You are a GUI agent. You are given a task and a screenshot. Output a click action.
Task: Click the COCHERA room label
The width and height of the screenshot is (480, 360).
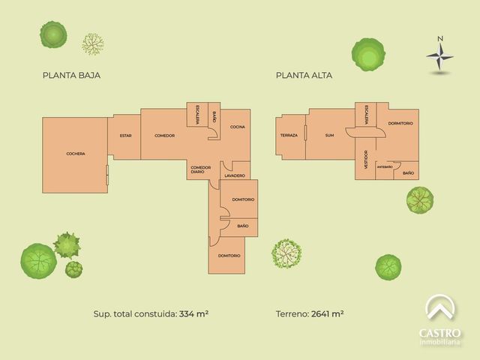tap(76, 154)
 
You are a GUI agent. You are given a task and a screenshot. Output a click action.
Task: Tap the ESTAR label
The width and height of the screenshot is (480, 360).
tap(125, 136)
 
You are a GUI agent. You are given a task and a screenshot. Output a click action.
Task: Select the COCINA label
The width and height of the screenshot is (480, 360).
tap(238, 127)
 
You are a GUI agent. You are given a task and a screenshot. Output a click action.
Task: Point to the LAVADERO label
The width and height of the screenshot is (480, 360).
tap(235, 175)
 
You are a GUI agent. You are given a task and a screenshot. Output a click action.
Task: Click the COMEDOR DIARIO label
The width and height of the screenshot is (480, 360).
tap(201, 170)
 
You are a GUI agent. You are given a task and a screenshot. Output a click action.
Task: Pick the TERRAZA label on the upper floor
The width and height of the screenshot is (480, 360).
tap(289, 135)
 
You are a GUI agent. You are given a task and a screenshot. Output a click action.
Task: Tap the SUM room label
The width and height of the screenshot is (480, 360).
tap(330, 135)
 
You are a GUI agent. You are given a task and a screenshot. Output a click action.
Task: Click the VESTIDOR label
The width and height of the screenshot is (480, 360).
tap(366, 160)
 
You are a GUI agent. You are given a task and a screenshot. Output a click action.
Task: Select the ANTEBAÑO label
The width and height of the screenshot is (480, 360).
tap(385, 167)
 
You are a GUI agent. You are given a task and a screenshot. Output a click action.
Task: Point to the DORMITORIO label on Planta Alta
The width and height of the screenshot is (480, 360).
tap(400, 123)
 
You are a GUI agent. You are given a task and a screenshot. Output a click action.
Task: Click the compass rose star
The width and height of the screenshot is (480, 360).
tap(440, 56)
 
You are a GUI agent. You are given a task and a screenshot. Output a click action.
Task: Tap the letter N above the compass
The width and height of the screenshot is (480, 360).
tap(440, 38)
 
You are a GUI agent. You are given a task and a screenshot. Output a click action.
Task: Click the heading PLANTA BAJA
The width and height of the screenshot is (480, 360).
tap(72, 75)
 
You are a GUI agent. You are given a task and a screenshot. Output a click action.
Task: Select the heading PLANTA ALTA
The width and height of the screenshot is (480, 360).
tap(304, 75)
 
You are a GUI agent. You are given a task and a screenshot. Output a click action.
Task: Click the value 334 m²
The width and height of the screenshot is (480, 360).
tap(194, 313)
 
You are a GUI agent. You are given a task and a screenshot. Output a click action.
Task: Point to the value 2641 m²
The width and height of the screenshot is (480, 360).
tap(327, 313)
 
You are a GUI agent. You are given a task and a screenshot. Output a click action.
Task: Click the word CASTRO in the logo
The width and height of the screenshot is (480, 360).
tap(439, 333)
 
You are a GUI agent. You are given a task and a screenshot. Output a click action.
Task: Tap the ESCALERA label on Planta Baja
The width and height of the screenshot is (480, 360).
tap(198, 115)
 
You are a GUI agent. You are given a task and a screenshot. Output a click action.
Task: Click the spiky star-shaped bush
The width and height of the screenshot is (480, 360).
tap(67, 245)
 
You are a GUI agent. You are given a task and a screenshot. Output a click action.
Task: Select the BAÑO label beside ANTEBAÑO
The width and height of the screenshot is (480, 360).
tap(408, 173)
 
